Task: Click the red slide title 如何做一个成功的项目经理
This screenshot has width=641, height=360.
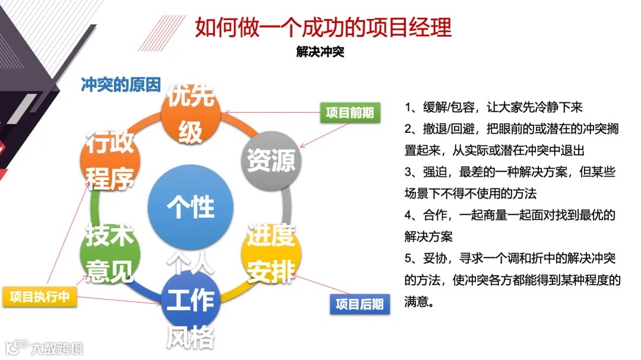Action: pyautogui.click(x=323, y=27)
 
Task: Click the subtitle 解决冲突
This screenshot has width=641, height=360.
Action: pyautogui.click(x=320, y=52)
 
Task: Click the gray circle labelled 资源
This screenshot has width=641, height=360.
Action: pyautogui.click(x=271, y=160)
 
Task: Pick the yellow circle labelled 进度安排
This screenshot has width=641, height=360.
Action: pyautogui.click(x=271, y=254)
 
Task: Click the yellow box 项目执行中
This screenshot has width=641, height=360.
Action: pyautogui.click(x=40, y=297)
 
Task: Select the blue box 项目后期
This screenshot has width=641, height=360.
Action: pyautogui.click(x=360, y=305)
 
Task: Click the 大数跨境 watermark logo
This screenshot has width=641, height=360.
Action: pyautogui.click(x=44, y=347)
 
